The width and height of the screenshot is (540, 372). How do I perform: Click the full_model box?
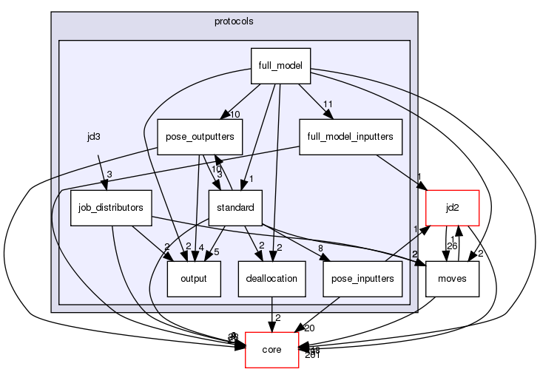[280, 66]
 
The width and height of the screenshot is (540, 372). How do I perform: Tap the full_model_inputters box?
[351, 136]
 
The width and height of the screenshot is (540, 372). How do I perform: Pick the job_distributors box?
[111, 208]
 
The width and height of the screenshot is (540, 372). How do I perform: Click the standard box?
[236, 208]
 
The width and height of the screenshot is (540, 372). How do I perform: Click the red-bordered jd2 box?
[453, 208]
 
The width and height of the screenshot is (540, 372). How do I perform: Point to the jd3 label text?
[93, 137]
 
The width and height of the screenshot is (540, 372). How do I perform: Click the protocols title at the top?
[234, 21]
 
